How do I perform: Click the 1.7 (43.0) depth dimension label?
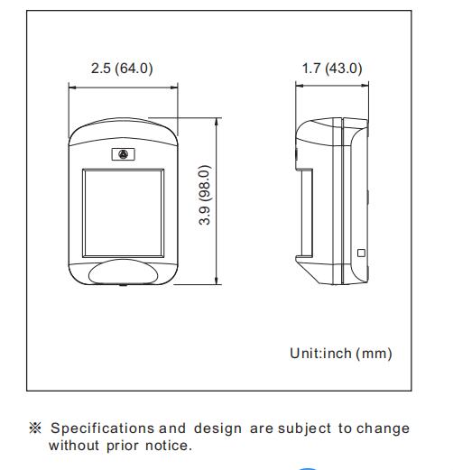[331, 68]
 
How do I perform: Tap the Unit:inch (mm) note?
[340, 354]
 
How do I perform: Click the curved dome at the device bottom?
[123, 272]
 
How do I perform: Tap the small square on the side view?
[361, 253]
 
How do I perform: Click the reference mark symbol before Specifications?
[36, 428]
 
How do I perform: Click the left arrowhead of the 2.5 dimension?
[72, 88]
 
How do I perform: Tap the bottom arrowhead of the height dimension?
[216, 281]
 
